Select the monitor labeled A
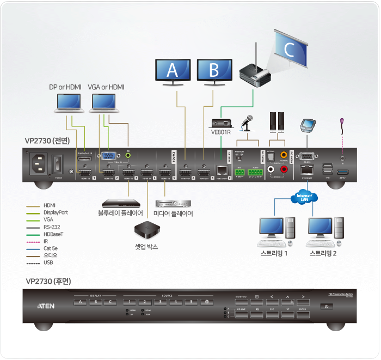(x=173, y=70)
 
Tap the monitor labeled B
(x=213, y=70)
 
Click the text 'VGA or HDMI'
(x=106, y=87)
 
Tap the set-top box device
(x=147, y=229)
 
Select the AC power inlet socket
(x=40, y=162)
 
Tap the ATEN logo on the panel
(x=45, y=306)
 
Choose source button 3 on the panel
(x=161, y=302)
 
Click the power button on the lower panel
(x=327, y=307)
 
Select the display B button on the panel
(x=96, y=302)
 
